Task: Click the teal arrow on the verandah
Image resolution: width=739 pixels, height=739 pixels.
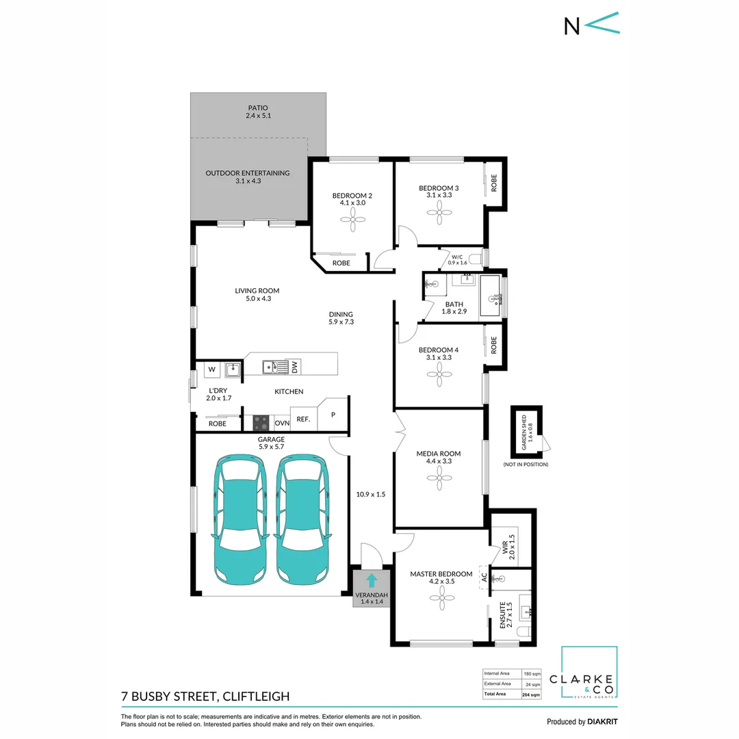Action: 371,581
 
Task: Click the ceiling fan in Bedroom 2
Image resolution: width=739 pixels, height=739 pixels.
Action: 352,218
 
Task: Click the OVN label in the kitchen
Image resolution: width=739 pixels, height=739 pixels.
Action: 281,422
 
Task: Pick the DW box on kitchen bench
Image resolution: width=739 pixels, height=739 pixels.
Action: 295,367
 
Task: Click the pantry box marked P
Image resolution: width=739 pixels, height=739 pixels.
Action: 334,415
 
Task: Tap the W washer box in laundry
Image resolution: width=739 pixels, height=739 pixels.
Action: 211,369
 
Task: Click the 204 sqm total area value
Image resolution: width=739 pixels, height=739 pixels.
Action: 531,694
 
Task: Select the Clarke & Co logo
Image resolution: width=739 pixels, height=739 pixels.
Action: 588,673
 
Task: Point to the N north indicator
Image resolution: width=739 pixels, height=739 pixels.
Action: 571,26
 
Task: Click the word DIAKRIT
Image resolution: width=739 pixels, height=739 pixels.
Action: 603,721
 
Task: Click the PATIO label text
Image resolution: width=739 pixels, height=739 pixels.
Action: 258,108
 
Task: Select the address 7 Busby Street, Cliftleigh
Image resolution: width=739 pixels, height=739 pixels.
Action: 205,697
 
